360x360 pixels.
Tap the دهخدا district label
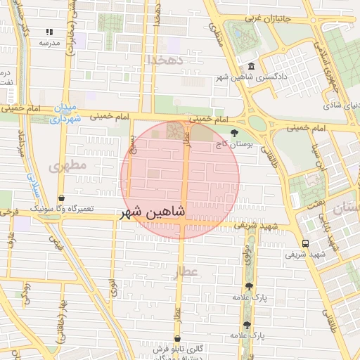(165, 60)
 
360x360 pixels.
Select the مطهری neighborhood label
(67, 166)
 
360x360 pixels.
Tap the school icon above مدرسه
(49, 32)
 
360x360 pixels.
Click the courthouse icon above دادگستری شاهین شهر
(251, 65)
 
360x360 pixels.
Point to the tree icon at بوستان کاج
(234, 132)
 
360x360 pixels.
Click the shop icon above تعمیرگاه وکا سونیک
(62, 199)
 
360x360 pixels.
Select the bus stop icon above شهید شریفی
(304, 243)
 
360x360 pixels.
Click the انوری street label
(113, 287)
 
